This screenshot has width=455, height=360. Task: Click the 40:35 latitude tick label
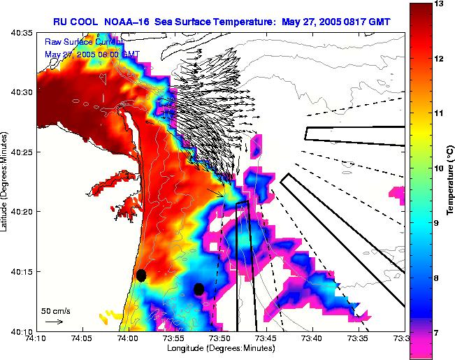[20, 33]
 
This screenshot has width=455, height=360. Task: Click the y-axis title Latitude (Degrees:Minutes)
[6, 182]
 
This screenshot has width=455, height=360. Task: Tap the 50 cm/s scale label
[55, 311]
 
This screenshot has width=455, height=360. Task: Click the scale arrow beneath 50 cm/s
[54, 322]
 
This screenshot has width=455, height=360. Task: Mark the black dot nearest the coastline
[141, 275]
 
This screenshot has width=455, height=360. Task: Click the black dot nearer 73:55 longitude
[199, 289]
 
